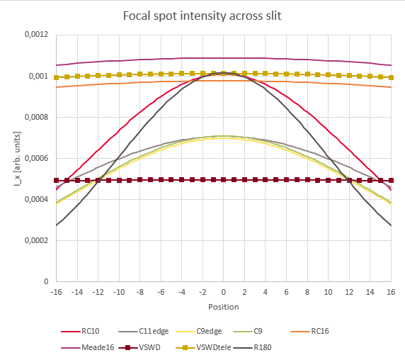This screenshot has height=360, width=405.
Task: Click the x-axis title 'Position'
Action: [x=223, y=307]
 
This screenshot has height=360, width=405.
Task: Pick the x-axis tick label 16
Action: [x=390, y=291]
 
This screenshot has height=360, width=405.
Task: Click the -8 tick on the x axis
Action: [x=140, y=291]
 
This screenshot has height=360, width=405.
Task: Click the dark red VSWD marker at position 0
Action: [x=223, y=180]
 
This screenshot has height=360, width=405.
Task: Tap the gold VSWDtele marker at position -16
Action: [x=57, y=77]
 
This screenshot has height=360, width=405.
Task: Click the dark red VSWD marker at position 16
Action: [x=390, y=181]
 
